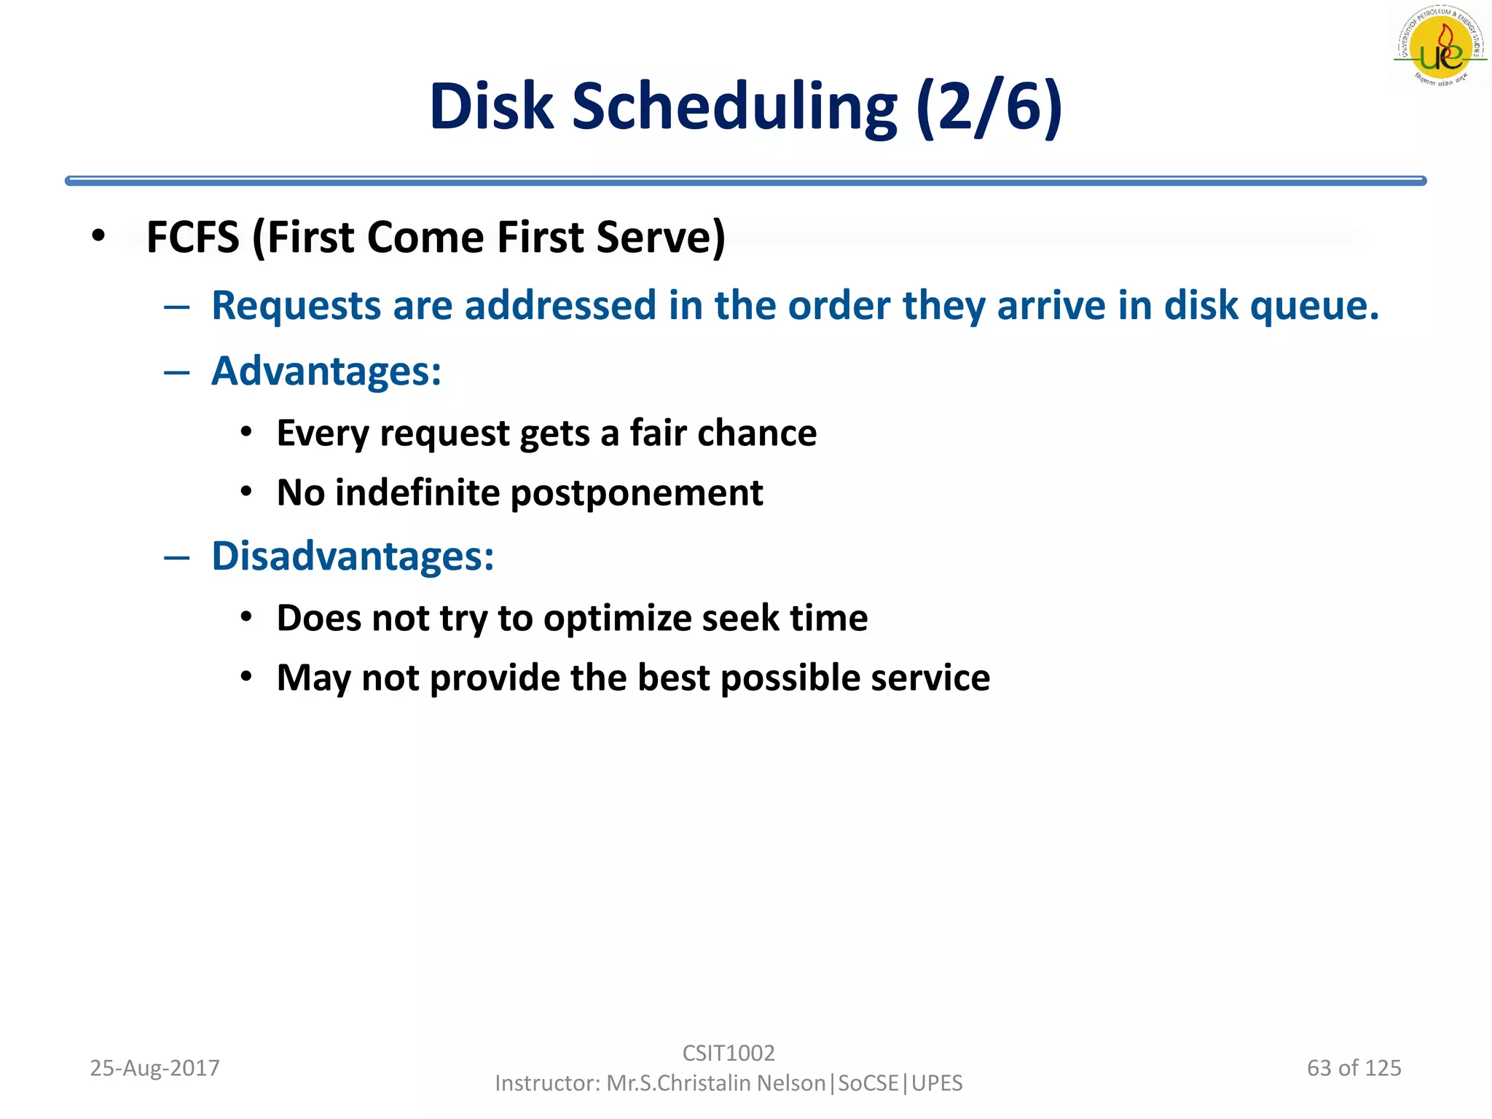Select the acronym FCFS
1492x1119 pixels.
click(x=192, y=237)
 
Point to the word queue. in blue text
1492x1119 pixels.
click(x=1314, y=305)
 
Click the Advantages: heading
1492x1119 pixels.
click(x=326, y=372)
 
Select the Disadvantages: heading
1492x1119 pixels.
click(x=353, y=557)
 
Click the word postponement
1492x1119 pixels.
click(x=636, y=493)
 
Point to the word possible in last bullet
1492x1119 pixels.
click(x=790, y=678)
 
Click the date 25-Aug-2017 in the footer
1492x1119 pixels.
click(x=154, y=1068)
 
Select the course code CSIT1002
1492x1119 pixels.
click(x=728, y=1053)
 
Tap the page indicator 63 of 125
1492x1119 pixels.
click(x=1354, y=1068)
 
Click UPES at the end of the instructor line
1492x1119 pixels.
click(x=937, y=1083)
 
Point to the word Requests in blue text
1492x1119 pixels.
click(x=296, y=305)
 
